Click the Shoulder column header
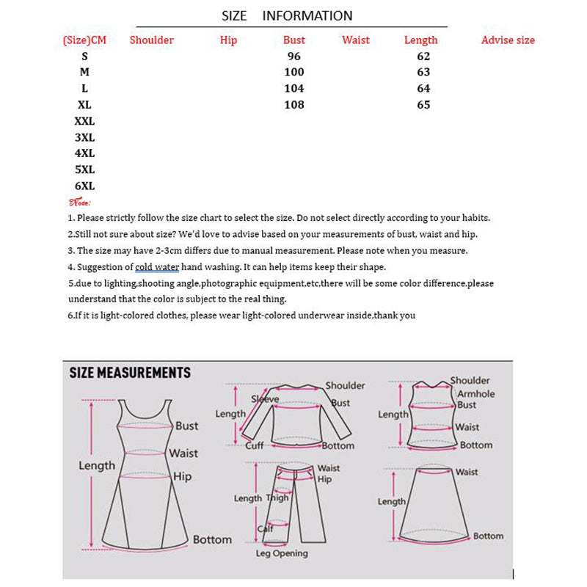point(151,40)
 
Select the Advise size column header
point(508,40)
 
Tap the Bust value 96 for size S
point(294,56)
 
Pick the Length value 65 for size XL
point(423,105)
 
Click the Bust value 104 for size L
point(294,89)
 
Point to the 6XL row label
point(84,186)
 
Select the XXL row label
point(84,121)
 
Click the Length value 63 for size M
point(423,73)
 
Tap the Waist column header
point(356,40)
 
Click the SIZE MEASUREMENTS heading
point(130,373)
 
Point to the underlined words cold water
point(157,267)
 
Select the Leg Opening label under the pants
point(282,554)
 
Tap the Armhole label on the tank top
point(475,394)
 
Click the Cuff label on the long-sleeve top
point(255,445)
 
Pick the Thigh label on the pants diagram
point(277,498)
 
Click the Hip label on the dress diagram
point(183,477)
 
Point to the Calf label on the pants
point(265,529)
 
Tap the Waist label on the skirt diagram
point(467,473)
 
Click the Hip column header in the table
point(229,40)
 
